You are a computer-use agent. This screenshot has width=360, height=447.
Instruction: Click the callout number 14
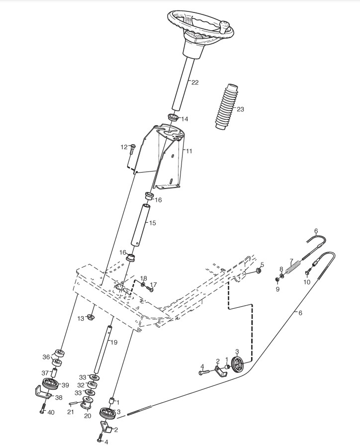184,119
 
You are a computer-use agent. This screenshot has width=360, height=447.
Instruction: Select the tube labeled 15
141,224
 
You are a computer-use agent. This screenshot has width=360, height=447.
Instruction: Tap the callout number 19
114,342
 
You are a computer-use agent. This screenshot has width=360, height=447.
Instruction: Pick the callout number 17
154,285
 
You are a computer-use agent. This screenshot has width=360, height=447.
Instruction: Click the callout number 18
143,278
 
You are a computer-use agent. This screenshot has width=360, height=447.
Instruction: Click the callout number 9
277,289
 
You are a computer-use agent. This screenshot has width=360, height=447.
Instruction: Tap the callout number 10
307,282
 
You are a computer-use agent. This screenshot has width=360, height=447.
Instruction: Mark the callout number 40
51,412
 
